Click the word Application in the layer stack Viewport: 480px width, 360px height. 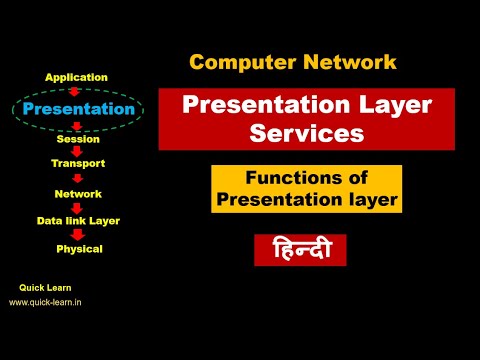click(78, 77)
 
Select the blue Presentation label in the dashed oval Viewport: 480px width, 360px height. click(78, 108)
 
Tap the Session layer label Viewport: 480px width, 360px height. click(78, 140)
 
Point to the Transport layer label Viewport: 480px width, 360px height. click(78, 162)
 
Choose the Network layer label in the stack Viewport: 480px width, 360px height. click(78, 193)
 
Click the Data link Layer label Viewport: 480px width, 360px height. click(78, 218)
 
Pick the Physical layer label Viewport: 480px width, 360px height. click(79, 248)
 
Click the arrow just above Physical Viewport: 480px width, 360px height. click(78, 234)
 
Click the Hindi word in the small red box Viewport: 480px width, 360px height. click(300, 249)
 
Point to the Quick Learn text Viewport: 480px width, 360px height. click(45, 287)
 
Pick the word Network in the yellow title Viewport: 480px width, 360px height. click(342, 62)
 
